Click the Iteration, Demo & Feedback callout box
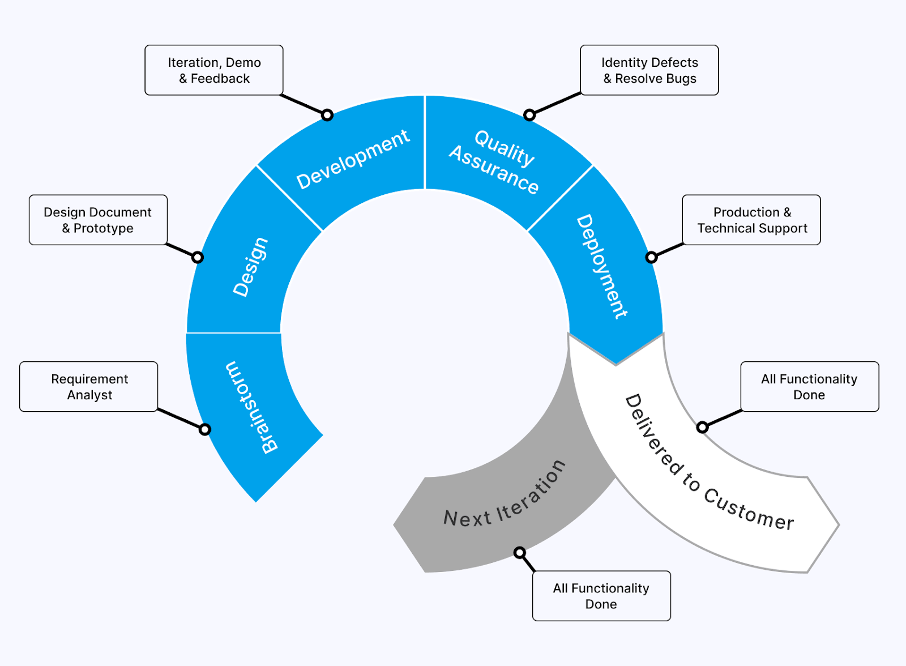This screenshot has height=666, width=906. [214, 70]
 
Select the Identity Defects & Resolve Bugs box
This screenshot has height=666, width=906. [649, 70]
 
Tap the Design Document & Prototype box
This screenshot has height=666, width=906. [98, 220]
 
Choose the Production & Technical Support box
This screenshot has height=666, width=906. [751, 220]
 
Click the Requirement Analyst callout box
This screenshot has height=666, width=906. [89, 387]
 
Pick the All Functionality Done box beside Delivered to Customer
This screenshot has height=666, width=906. [809, 387]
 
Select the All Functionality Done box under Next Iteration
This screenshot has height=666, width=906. [601, 596]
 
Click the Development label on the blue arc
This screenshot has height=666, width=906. [353, 159]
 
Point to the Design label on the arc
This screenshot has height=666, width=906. [250, 267]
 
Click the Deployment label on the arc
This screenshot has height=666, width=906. [601, 266]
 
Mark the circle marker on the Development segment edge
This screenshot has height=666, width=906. [327, 115]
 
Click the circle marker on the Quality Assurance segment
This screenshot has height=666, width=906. [529, 115]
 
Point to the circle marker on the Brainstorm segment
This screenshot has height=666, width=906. [205, 429]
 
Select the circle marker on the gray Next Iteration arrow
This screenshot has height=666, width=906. [520, 552]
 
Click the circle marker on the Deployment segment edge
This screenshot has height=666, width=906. [652, 257]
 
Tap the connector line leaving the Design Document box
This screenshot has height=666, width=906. [181, 250]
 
